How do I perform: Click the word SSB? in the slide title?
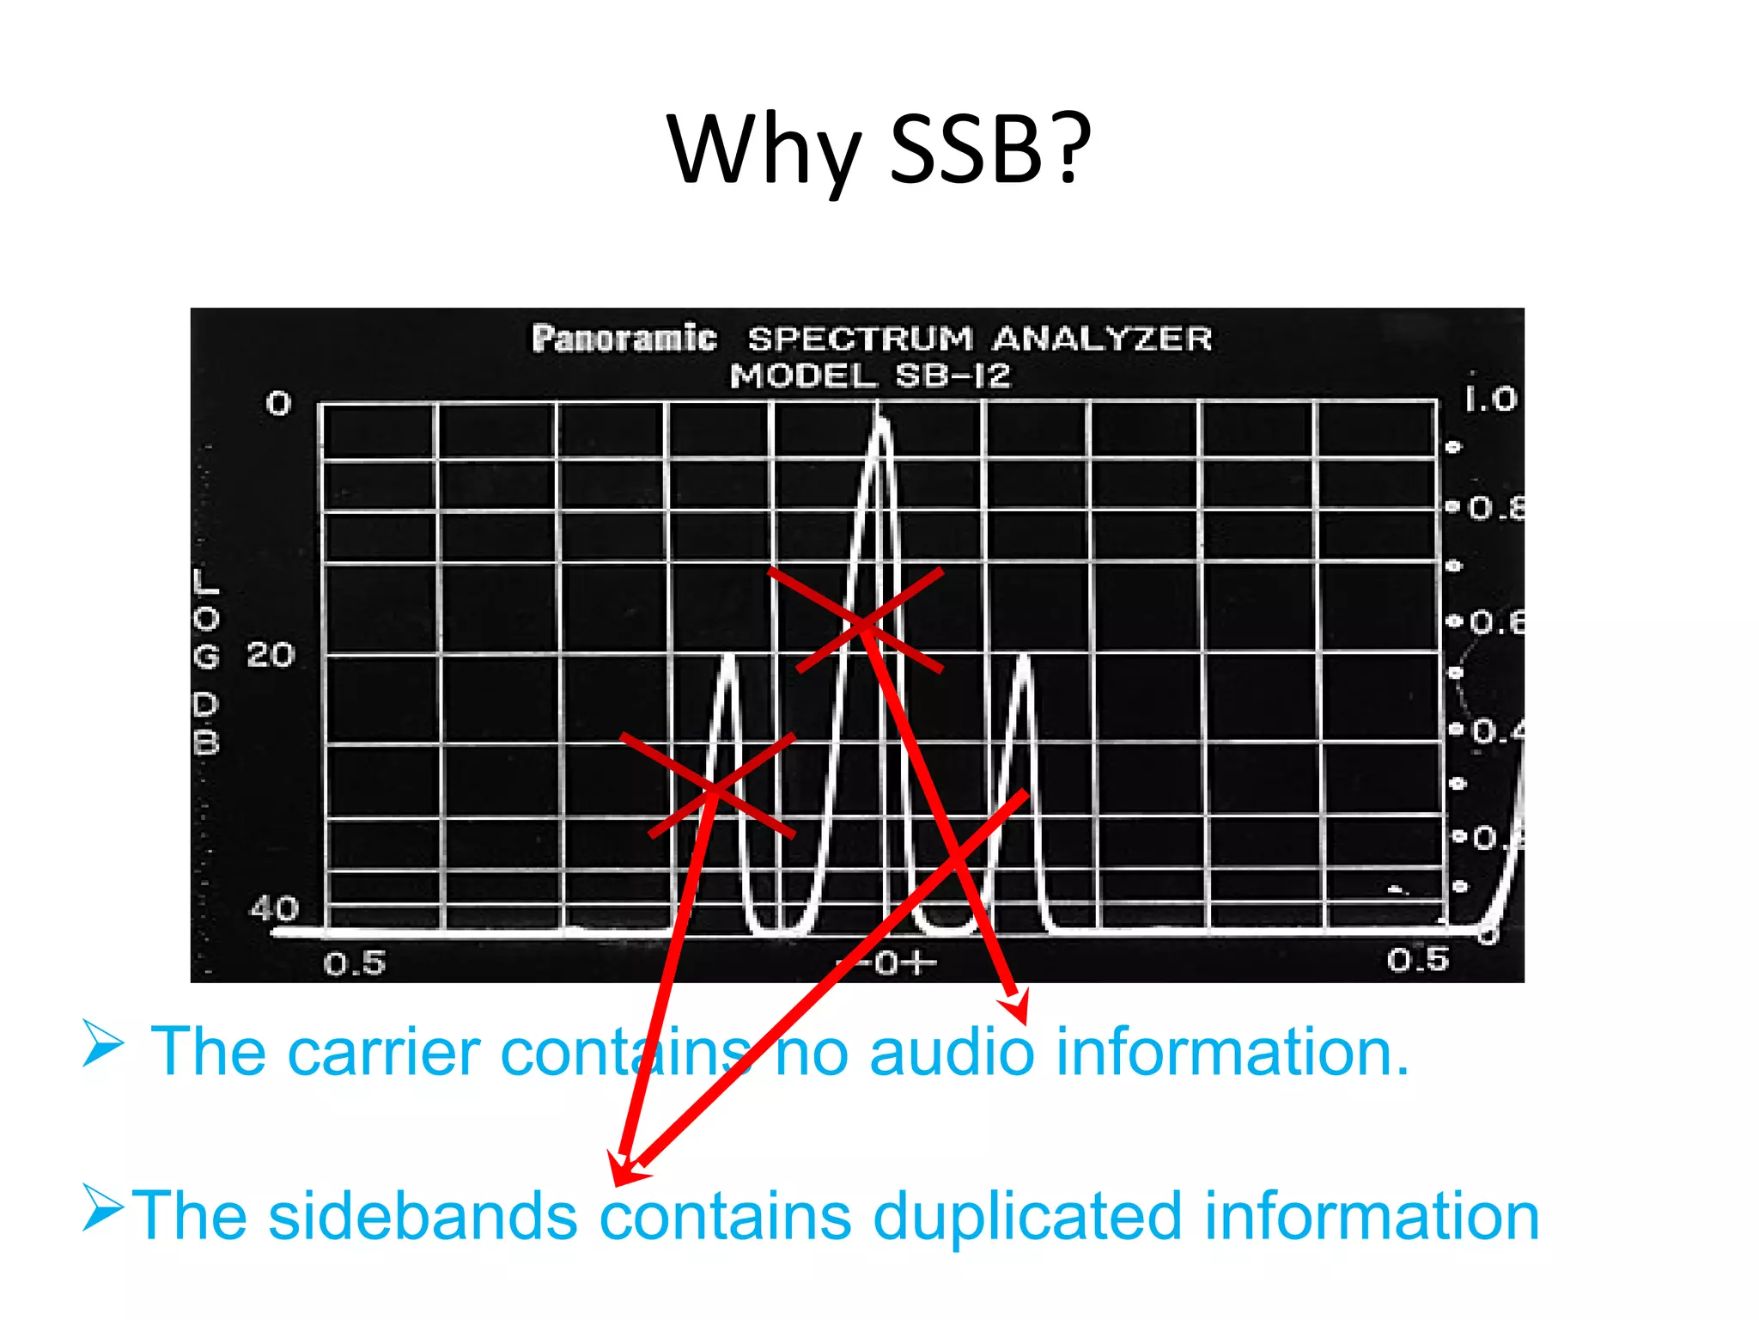click(x=989, y=150)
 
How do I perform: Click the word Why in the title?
click(x=763, y=150)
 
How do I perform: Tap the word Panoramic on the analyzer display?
click(x=624, y=339)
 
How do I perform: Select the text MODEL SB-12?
click(x=870, y=376)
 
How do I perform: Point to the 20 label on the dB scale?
click(x=271, y=656)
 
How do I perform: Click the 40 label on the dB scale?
click(x=274, y=908)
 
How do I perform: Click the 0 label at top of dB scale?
click(x=278, y=403)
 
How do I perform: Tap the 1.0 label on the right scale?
click(x=1490, y=399)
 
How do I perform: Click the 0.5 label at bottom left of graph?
click(x=354, y=963)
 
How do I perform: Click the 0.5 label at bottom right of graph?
click(x=1417, y=960)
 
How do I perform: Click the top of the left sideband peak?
click(x=729, y=658)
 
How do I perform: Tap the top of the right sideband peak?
click(x=1024, y=658)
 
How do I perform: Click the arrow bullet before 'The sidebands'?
click(x=102, y=1206)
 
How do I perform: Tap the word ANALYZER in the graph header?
click(x=1102, y=339)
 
